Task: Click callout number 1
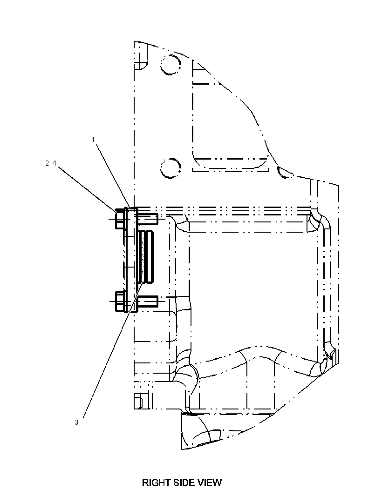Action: pos(94,140)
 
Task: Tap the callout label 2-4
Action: pos(51,163)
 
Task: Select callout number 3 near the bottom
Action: pos(76,422)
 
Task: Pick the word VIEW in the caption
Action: pos(209,483)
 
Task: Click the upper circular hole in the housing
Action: pos(171,65)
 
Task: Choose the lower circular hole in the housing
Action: pos(171,168)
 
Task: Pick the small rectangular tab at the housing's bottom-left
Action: pos(138,401)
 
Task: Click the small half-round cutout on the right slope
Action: pos(285,173)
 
